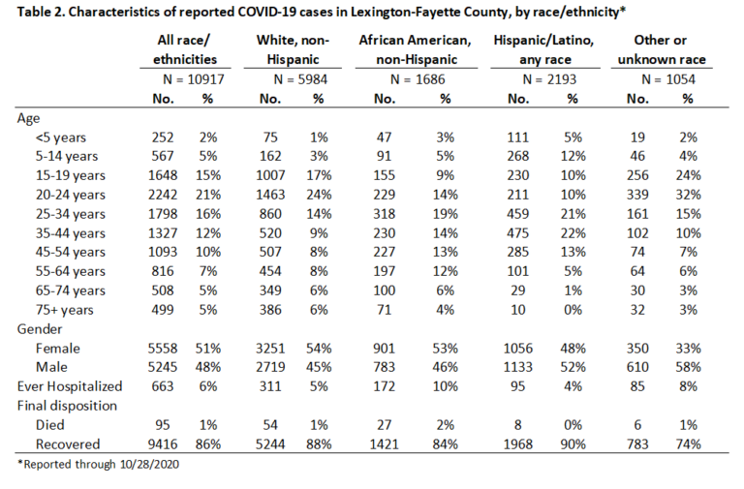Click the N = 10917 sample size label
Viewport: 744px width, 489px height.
[193, 79]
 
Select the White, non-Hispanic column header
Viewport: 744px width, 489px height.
[293, 49]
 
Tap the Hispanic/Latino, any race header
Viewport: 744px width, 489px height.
[543, 49]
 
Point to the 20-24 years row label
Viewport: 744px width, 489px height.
[70, 195]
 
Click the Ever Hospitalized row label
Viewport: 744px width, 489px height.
[70, 386]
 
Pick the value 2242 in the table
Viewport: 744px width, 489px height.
[163, 195]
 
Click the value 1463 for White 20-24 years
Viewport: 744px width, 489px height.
[270, 195]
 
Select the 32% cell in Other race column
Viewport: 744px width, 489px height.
[688, 195]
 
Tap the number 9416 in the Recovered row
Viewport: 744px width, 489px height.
[163, 444]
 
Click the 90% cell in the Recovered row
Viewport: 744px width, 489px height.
[573, 444]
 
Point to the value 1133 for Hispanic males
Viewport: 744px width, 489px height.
[518, 367]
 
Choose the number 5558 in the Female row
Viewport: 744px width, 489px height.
[163, 349]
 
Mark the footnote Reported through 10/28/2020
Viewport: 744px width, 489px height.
[98, 464]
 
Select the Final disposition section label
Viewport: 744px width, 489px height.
[67, 406]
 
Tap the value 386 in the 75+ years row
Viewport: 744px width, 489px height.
[270, 310]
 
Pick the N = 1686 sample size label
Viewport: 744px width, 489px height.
[418, 79]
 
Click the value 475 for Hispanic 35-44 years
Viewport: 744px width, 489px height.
[518, 233]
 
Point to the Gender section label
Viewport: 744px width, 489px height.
[40, 329]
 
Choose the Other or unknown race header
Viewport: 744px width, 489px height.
[662, 49]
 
